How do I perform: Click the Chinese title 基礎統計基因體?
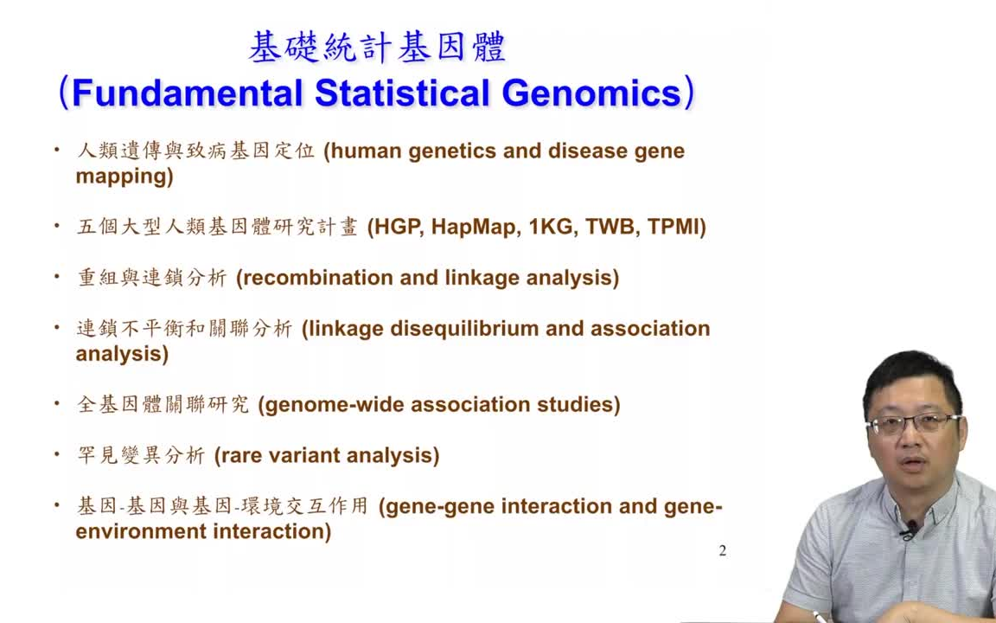pos(377,48)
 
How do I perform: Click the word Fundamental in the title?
pos(187,93)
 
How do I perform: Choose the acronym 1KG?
pos(552,227)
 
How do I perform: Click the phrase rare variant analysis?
pos(327,455)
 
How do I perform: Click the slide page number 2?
pos(723,551)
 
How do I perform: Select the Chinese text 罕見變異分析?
pos(141,455)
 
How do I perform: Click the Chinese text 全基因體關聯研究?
pos(163,405)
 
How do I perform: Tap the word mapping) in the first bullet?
pos(124,177)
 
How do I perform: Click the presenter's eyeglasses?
pos(912,424)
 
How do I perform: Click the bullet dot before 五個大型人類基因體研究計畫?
pos(57,226)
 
